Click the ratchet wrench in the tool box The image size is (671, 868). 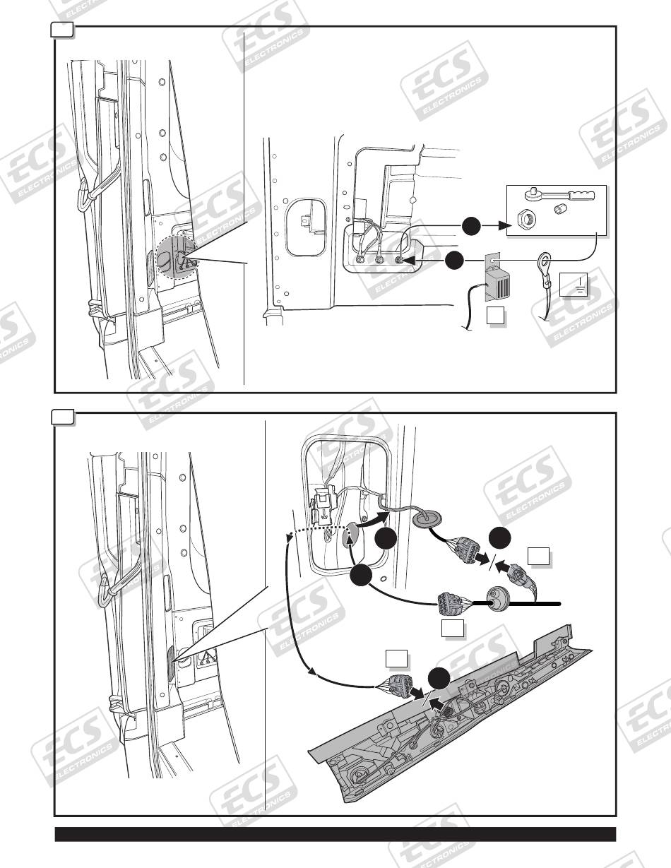tap(559, 196)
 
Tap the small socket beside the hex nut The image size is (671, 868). tap(558, 208)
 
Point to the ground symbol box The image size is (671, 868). tap(574, 285)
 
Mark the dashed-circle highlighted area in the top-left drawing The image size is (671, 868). tap(177, 258)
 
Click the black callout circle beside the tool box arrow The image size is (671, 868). tap(472, 226)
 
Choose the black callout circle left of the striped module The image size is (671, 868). tap(455, 261)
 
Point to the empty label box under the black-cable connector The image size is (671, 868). tap(453, 628)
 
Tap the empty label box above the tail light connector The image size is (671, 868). tap(397, 658)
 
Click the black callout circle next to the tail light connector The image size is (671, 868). tap(439, 679)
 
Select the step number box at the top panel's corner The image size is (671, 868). tap(63, 29)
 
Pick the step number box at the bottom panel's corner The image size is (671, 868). tap(63, 416)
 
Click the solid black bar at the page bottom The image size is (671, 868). tap(335, 834)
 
